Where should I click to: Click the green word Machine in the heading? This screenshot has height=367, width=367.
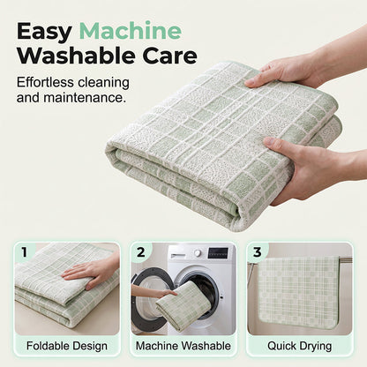pos(131,31)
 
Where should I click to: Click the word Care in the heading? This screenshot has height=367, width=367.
pos(170,56)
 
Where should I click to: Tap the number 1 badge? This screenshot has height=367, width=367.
pos(24,252)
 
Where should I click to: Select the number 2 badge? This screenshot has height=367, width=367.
pos(140,252)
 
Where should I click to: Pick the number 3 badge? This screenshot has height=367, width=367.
pos(257,252)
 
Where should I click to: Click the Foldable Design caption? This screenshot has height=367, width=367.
pos(67,346)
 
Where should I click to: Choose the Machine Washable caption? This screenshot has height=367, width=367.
pos(183,346)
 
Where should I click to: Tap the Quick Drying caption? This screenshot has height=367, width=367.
pos(299,346)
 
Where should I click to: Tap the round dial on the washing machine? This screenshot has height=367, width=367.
pos(197,253)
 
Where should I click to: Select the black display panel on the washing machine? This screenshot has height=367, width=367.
pos(218,253)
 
